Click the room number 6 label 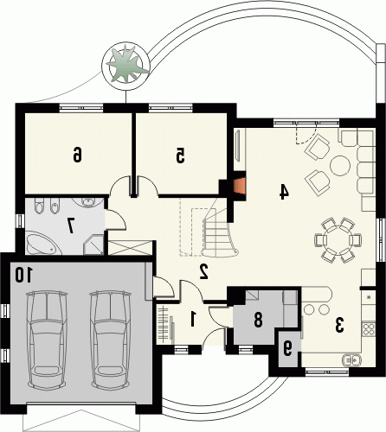pos(77,155)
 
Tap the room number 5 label pos(180,156)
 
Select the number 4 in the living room pos(284,192)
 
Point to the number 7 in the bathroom pos(71,225)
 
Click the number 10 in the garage pos(24,275)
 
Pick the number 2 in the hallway pos(204,271)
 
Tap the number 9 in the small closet pos(287,349)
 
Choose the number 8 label pos(258,320)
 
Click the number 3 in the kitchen pos(339,325)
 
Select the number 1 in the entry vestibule pos(193,319)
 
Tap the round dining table pos(338,240)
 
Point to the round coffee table pos(340,166)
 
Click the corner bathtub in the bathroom pos(43,245)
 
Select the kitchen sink pos(351,360)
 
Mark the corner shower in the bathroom pos(93,245)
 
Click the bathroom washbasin pos(88,201)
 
